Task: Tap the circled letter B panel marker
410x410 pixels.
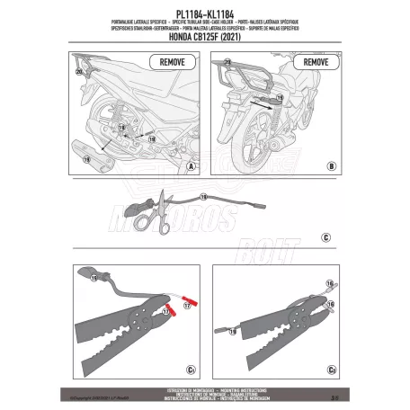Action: pos(331,167)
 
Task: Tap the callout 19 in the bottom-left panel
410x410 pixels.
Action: pos(94,281)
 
